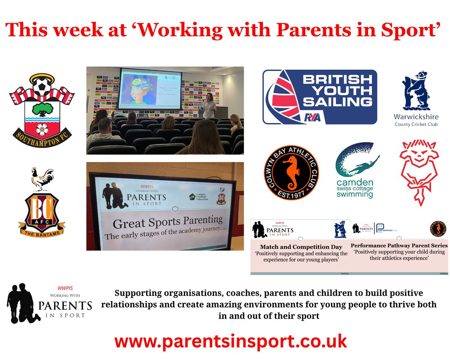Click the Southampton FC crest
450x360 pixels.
[x=42, y=108]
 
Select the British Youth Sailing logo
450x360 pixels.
[x=319, y=97]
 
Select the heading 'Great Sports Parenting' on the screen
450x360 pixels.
[x=168, y=222]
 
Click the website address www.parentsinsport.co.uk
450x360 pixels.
[x=230, y=342]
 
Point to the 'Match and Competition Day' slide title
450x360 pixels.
[x=301, y=247]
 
